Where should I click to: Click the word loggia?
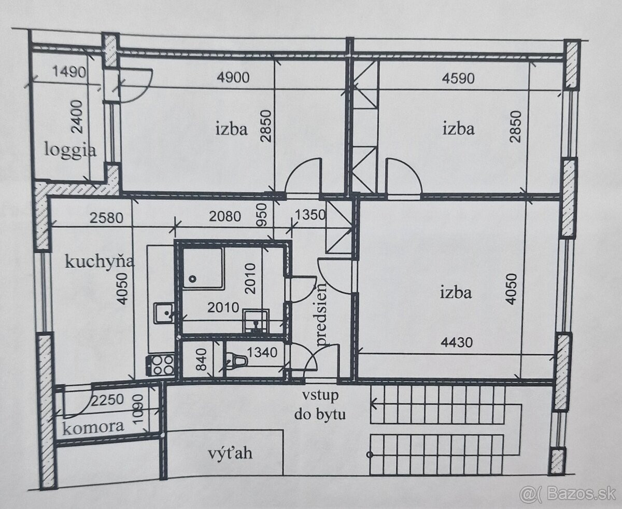[70, 150]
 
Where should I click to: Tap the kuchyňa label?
[100, 262]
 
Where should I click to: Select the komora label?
[93, 427]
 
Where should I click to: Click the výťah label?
[230, 453]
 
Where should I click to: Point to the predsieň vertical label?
[321, 313]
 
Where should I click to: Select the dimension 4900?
[233, 78]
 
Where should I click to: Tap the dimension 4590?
[458, 78]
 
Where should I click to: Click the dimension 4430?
[457, 342]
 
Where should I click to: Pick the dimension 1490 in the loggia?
[69, 72]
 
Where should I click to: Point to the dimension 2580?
[106, 218]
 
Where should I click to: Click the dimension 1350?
[309, 215]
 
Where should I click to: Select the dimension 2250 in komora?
[107, 400]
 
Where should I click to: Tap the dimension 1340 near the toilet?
[262, 352]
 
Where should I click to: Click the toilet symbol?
[237, 361]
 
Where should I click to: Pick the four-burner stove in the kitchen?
[160, 365]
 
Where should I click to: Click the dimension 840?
[202, 360]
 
